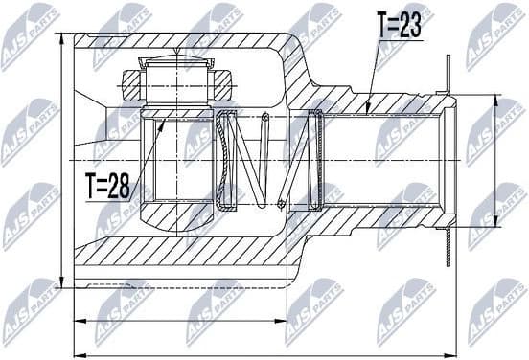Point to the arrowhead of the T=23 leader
click(x=369, y=112)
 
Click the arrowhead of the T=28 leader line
click(x=164, y=115)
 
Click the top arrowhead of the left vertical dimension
click(x=60, y=35)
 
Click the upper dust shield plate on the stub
click(x=448, y=77)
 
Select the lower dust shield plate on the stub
click(x=448, y=244)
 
